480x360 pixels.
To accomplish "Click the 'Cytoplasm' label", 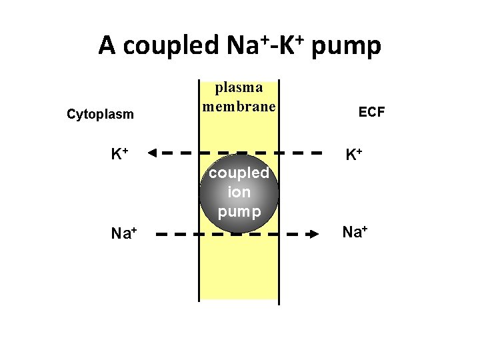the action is [x=100, y=114].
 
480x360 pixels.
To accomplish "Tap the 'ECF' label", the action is [x=371, y=112].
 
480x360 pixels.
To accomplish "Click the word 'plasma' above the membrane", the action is [x=238, y=87].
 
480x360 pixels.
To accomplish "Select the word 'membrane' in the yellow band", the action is [x=239, y=106].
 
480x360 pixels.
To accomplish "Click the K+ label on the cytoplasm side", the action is [x=120, y=154].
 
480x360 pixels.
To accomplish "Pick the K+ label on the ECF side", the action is [x=353, y=155].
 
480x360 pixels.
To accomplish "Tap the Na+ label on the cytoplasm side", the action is [x=124, y=233].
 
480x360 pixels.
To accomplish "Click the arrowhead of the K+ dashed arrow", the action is [x=152, y=152].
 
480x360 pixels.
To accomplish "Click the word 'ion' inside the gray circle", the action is [x=239, y=192].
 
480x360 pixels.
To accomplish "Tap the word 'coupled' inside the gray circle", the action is [x=239, y=173].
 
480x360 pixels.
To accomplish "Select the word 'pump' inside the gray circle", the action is [x=239, y=211].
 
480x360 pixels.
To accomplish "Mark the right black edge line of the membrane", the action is [x=279, y=267].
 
